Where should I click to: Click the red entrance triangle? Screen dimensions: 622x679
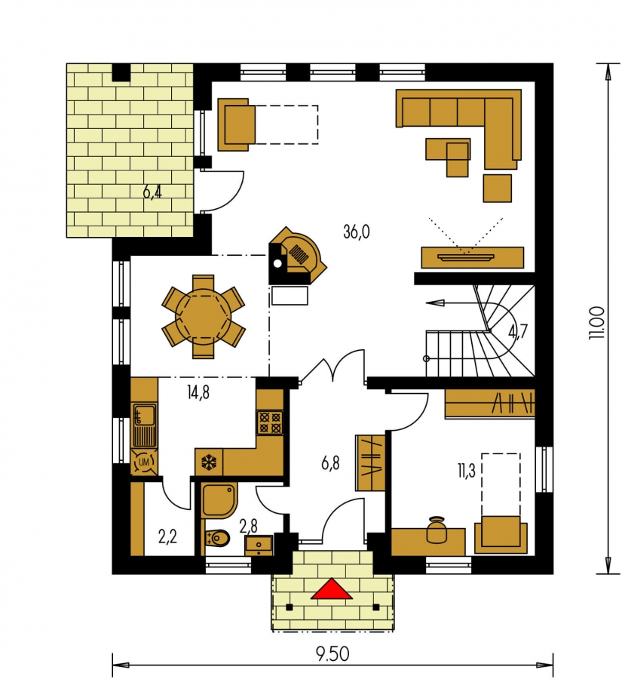(x=331, y=589)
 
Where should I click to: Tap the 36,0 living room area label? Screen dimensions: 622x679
(x=356, y=232)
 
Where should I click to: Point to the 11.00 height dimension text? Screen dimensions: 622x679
(x=597, y=323)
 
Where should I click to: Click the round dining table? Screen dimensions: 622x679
(x=203, y=317)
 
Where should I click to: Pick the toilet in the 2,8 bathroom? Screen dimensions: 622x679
(x=218, y=538)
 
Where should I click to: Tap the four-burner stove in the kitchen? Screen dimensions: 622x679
(x=270, y=422)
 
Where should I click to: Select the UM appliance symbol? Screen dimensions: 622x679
(x=144, y=462)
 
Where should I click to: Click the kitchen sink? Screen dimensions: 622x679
(x=144, y=426)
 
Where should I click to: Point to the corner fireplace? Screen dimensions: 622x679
(x=296, y=256)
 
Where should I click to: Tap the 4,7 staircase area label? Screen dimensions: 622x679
(x=518, y=332)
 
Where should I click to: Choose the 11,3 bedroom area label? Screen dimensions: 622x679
(x=467, y=471)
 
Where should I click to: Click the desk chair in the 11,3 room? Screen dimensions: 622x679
(x=436, y=530)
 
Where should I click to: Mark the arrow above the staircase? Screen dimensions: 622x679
(x=451, y=303)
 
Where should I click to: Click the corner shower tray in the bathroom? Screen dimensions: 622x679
(x=219, y=501)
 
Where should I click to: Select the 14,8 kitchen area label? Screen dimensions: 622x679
(x=198, y=393)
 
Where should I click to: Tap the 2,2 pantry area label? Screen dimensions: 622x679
(x=167, y=537)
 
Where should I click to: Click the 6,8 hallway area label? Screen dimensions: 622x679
(x=330, y=464)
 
